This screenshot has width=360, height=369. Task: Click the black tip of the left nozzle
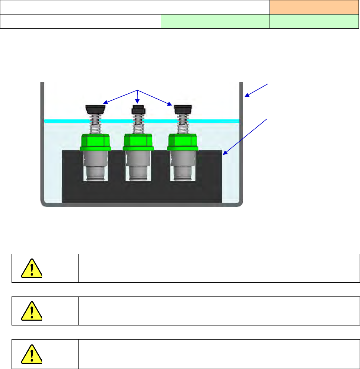(x=95, y=109)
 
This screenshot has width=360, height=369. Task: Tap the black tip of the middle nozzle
(x=138, y=110)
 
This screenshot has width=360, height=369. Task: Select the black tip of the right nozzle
(x=182, y=109)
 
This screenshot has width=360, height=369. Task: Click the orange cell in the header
(x=311, y=7)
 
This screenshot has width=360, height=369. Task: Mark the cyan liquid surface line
(x=63, y=121)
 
